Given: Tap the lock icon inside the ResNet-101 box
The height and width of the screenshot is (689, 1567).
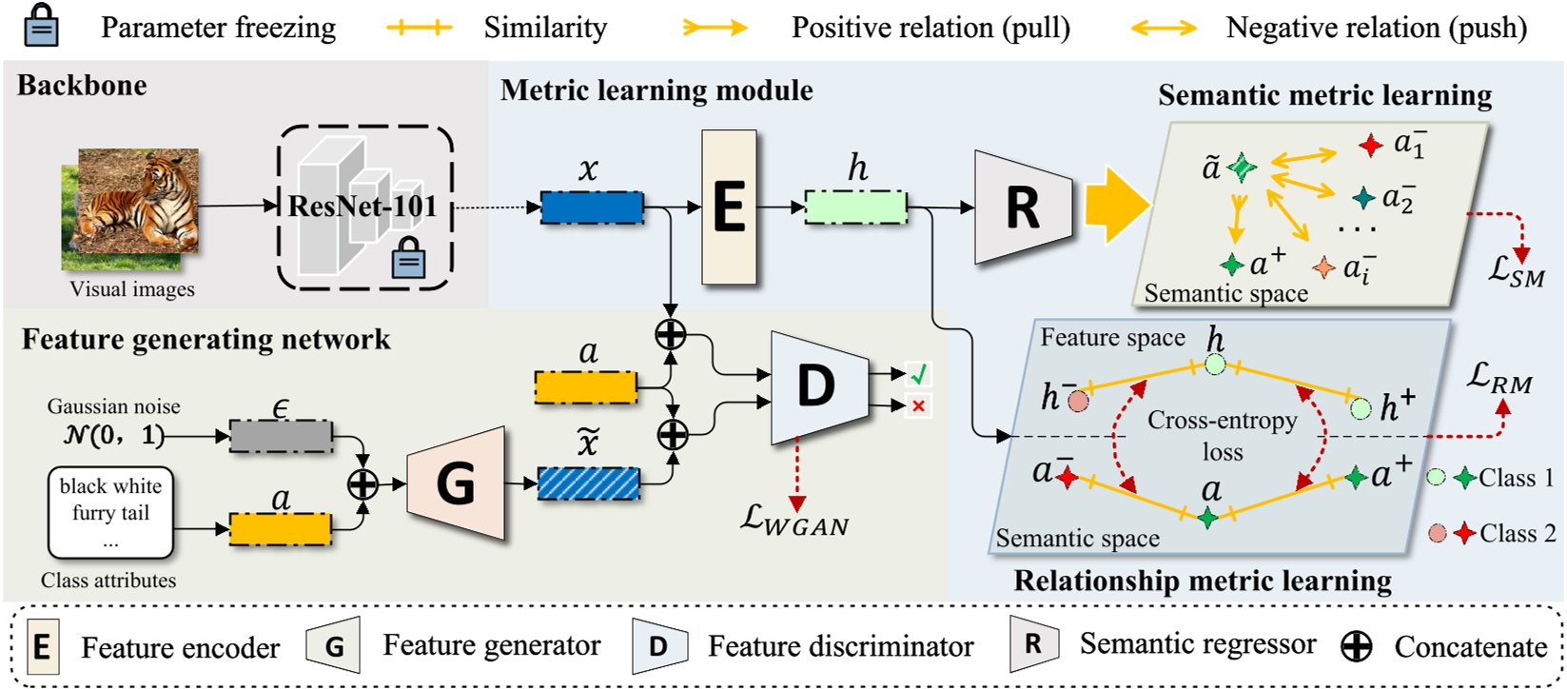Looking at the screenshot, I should click(x=408, y=259).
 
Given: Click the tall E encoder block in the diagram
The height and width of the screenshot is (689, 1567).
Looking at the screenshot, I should click(x=729, y=207).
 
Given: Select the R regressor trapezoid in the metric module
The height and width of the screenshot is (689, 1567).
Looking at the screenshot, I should click(x=1021, y=207).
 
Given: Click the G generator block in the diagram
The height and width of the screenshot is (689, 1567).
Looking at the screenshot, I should click(x=456, y=483).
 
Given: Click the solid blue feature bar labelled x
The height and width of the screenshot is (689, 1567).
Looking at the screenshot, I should click(x=592, y=207).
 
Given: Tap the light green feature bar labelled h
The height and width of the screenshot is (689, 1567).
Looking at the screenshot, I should click(x=855, y=207).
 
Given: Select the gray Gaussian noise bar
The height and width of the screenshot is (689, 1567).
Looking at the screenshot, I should click(x=281, y=436).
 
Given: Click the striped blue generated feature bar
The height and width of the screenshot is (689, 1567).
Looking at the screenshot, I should click(x=588, y=483).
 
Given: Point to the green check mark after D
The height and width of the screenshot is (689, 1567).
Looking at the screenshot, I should click(x=918, y=375).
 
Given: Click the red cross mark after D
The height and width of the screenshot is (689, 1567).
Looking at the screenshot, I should click(x=918, y=407).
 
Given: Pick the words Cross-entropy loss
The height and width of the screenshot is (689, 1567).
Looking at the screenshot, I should click(x=1223, y=435).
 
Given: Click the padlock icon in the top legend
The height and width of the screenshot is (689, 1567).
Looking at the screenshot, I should click(x=40, y=27).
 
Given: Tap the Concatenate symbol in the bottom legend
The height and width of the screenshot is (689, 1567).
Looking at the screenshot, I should click(x=1356, y=647).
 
